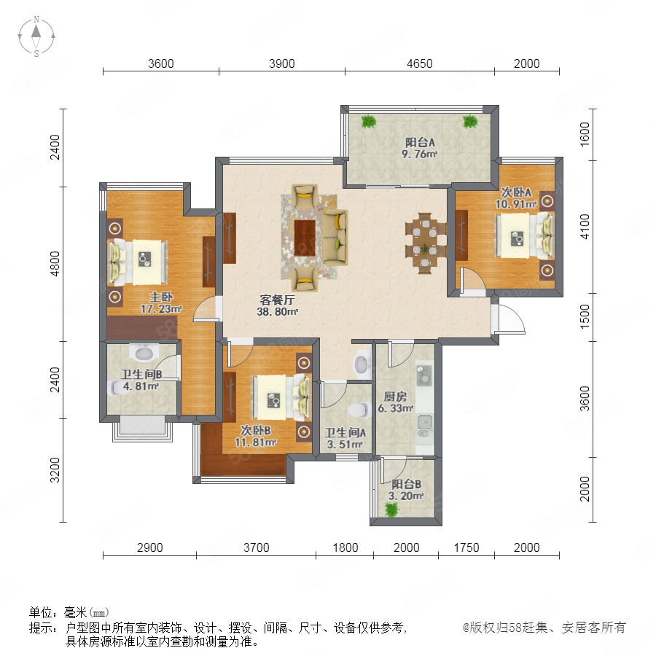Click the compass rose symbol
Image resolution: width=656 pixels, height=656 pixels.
pos(36,36)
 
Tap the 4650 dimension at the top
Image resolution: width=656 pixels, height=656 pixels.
pos(419,63)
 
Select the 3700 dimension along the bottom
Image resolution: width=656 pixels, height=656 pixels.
pos(256,547)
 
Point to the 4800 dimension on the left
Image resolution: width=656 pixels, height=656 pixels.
pos(55,264)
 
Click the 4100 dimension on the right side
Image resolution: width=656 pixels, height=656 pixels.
pos(585,227)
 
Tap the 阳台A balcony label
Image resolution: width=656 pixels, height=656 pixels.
pos(420,142)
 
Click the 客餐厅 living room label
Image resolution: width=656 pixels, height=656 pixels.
pos(277,300)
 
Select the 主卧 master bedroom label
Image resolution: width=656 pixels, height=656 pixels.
pos(161,297)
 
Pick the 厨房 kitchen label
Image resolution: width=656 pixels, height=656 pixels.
pos(395,397)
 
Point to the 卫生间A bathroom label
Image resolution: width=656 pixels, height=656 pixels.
pos(345,432)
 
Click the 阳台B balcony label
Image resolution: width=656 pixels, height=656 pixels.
pos(406,485)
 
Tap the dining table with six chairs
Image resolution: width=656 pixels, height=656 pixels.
pos(425,243)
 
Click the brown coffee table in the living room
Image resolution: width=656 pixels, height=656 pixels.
pos(305,238)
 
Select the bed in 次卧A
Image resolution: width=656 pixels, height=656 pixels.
pos(525,236)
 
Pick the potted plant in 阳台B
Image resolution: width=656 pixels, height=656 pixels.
pos(391,509)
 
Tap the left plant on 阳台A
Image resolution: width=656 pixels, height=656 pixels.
pos(369,121)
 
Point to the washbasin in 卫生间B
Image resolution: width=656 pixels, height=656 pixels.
pos(144,353)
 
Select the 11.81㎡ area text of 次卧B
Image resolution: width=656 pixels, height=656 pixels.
pos(255,442)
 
